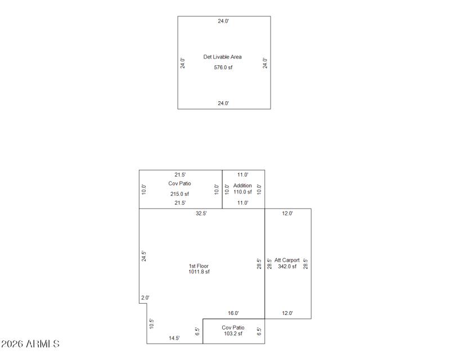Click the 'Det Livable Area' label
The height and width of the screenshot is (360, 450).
pyautogui.click(x=223, y=57)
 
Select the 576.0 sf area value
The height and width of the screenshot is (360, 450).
pyautogui.click(x=223, y=67)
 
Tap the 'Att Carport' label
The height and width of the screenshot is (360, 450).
pyautogui.click(x=287, y=260)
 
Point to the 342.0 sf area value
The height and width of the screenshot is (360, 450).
pyautogui.click(x=287, y=266)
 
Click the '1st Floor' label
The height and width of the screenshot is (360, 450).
pyautogui.click(x=199, y=266)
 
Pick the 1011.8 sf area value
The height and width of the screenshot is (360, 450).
pyautogui.click(x=199, y=272)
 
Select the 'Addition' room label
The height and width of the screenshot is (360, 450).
pyautogui.click(x=242, y=186)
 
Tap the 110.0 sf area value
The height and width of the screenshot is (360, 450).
pyautogui.click(x=242, y=192)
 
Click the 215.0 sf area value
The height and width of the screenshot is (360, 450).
pyautogui.click(x=179, y=194)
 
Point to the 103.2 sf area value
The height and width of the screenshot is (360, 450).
pyautogui.click(x=232, y=334)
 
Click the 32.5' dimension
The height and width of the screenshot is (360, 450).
pyautogui.click(x=201, y=214)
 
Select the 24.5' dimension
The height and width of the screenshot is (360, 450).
pyautogui.click(x=144, y=256)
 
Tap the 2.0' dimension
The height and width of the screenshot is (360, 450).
pyautogui.click(x=145, y=298)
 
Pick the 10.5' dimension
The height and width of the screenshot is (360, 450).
pyautogui.click(x=151, y=323)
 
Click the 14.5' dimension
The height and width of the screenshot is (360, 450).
pyautogui.click(x=174, y=338)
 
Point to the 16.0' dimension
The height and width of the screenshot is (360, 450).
pyautogui.click(x=233, y=313)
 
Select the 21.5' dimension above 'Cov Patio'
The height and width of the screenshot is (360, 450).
pyautogui.click(x=180, y=175)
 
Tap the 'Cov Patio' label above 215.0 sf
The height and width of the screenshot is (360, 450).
pyautogui.click(x=179, y=183)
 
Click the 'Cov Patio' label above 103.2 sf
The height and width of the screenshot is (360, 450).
pyautogui.click(x=233, y=327)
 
